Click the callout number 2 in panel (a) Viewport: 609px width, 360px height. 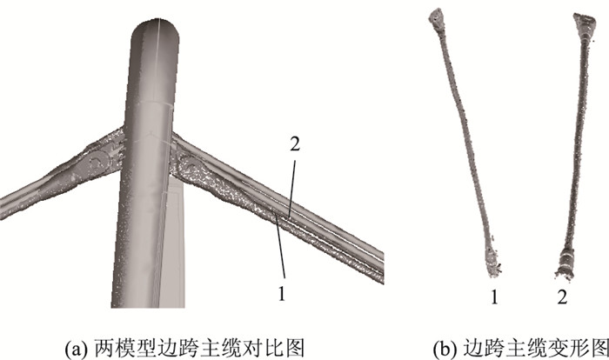[x=295, y=145]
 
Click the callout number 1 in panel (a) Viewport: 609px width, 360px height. [x=282, y=294]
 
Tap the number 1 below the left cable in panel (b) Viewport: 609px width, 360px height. [x=494, y=297]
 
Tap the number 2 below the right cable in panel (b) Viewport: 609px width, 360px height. [x=562, y=297]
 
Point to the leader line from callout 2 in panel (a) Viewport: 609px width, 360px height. [x=292, y=190]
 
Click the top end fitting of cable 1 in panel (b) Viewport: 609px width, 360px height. [x=436, y=17]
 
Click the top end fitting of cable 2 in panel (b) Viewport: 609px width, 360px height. [x=584, y=21]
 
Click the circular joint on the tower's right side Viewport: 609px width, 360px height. [x=189, y=165]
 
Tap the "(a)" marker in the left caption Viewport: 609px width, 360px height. [x=73, y=348]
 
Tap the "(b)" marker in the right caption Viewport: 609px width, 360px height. [x=443, y=348]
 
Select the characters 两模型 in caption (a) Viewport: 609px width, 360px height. [x=120, y=348]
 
